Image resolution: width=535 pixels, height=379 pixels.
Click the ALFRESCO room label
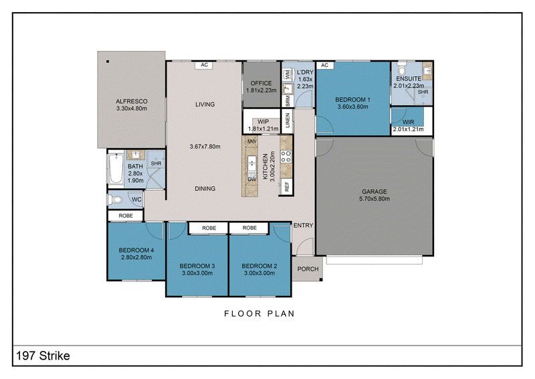[131, 102]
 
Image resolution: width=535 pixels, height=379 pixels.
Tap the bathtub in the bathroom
[116, 169]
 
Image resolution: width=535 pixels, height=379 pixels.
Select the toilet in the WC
[115, 200]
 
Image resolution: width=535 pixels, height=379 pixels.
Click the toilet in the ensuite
[402, 70]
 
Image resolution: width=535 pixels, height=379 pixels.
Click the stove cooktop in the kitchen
[286, 157]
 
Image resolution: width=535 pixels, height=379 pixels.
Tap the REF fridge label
[287, 187]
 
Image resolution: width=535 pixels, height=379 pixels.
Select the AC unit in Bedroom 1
[324, 65]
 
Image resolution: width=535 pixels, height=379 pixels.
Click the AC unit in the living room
[204, 65]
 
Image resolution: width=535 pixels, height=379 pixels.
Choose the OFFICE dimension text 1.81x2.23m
[261, 90]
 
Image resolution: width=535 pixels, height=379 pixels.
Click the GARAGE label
[374, 192]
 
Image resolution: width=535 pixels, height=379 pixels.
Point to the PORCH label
[308, 269]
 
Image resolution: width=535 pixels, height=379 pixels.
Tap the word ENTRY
[304, 226]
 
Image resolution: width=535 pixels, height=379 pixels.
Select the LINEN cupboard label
[288, 121]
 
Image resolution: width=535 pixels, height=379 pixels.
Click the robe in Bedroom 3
[209, 228]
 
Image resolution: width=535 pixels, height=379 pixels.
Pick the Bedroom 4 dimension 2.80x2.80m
[136, 257]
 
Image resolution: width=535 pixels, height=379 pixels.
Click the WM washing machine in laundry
[288, 74]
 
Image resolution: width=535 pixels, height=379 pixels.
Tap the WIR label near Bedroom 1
[408, 122]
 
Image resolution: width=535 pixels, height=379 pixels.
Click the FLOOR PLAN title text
[259, 314]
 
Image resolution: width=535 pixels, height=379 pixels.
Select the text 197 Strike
[43, 356]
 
